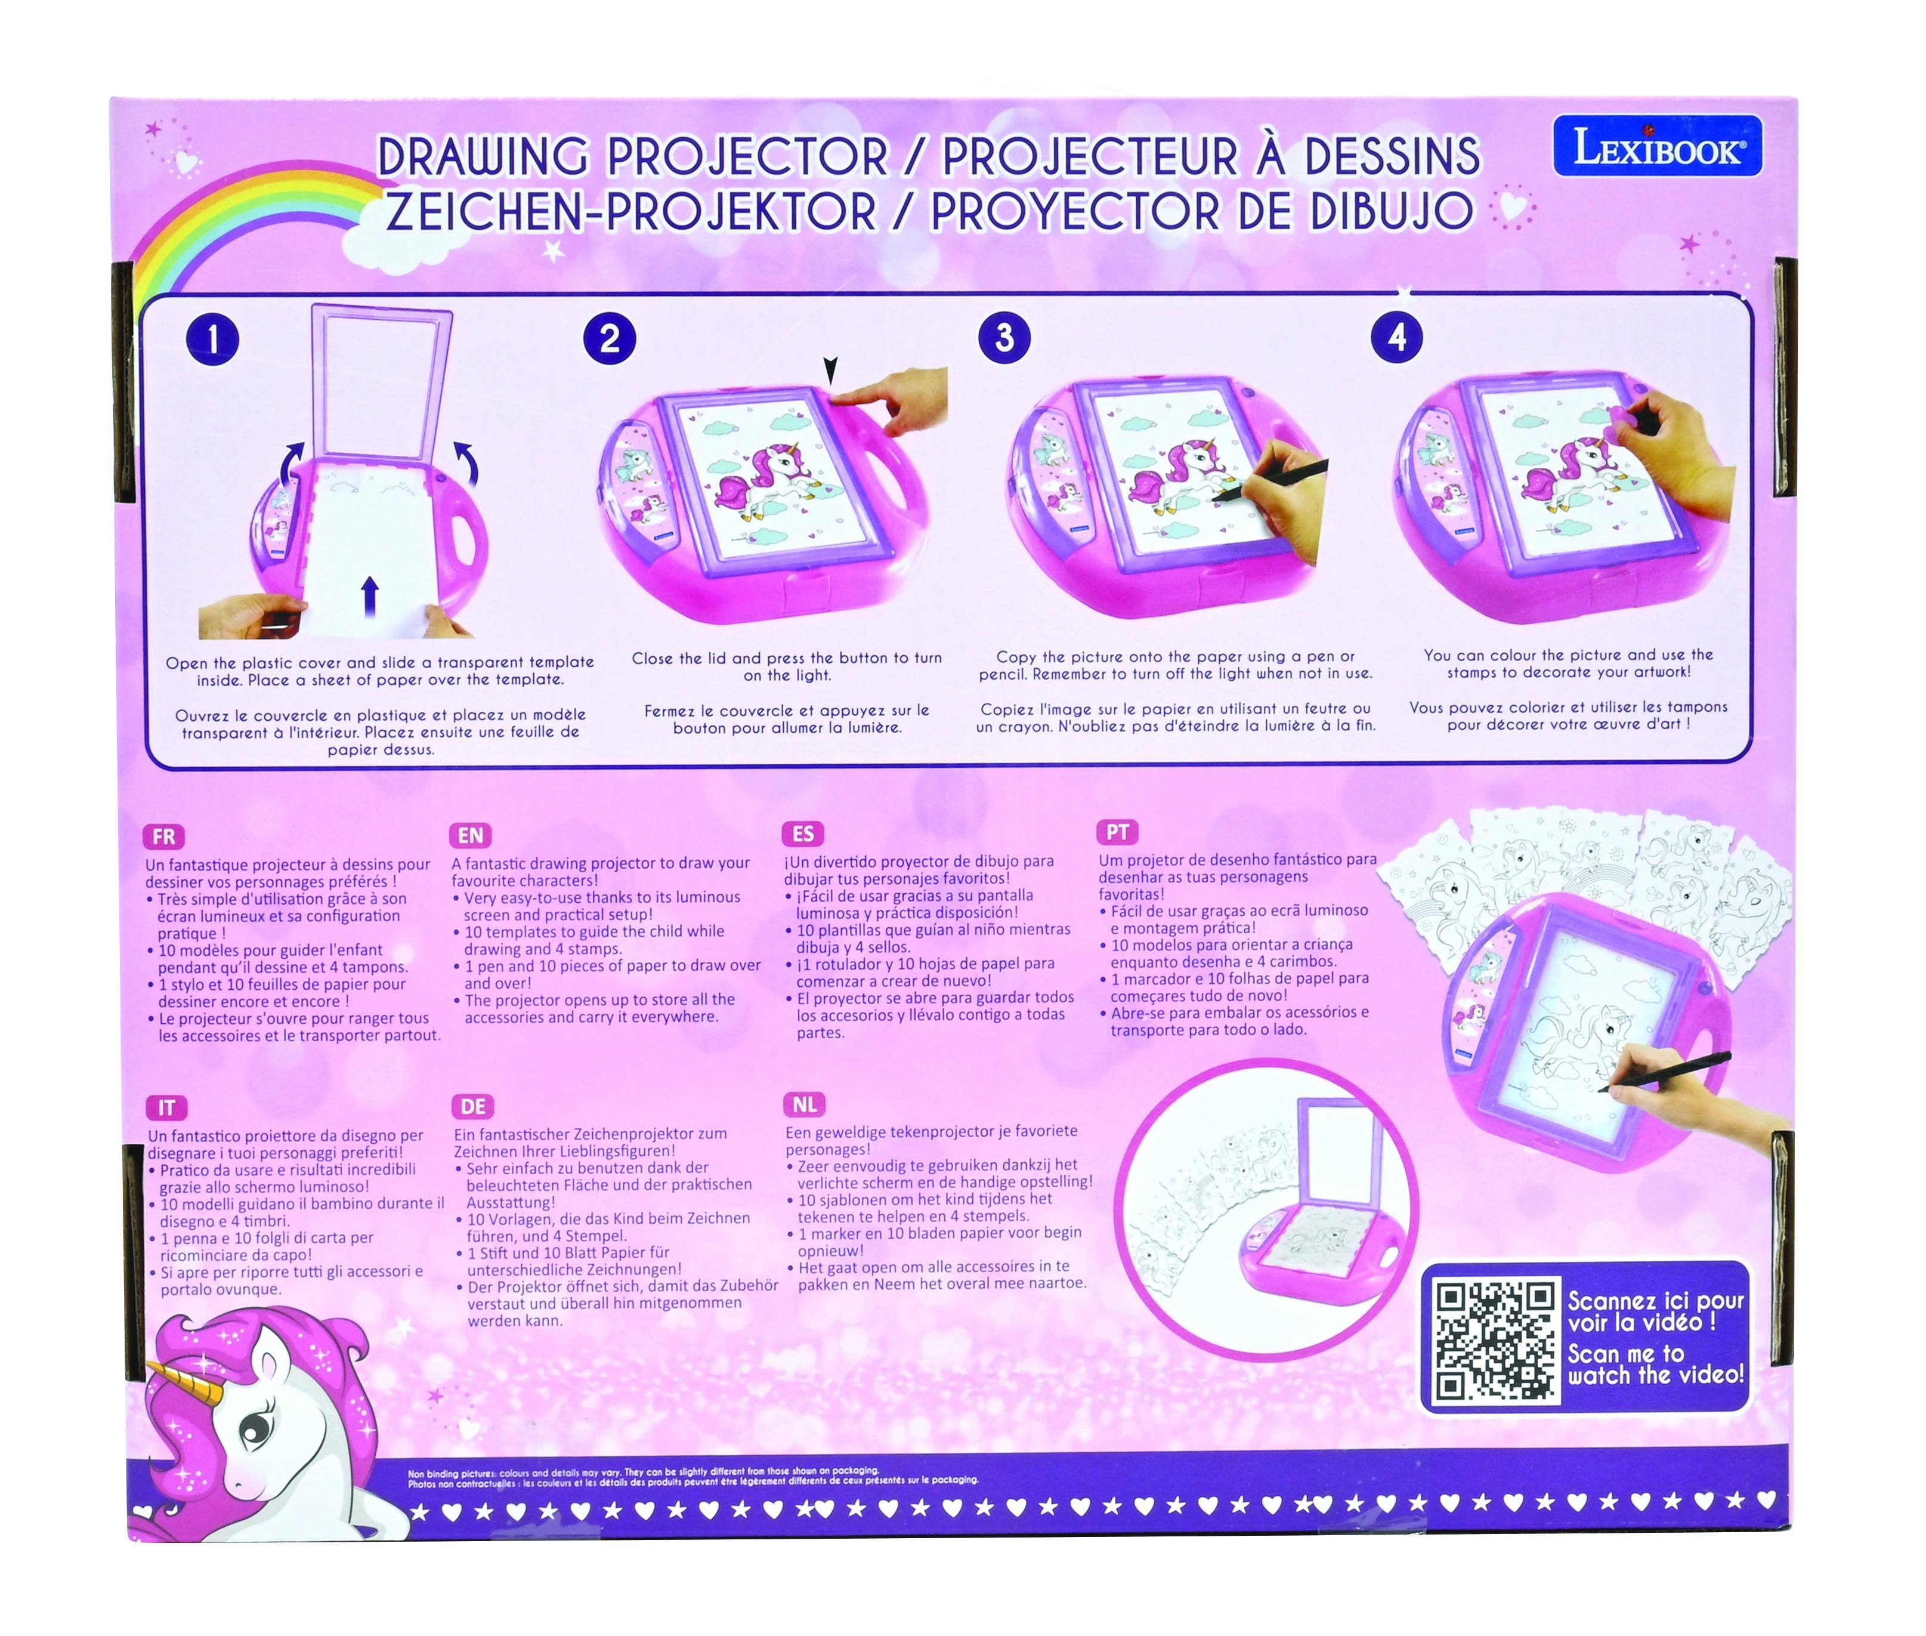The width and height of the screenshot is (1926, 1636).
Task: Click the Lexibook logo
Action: tap(1657, 146)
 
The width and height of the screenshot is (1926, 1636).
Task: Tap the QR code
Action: tap(1494, 1341)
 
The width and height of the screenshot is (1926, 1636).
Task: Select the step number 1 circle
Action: tap(212, 339)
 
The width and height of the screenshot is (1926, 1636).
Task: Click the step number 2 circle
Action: tap(609, 338)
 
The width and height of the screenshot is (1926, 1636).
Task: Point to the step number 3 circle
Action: tap(1004, 338)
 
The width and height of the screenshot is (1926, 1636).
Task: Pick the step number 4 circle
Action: tap(1396, 338)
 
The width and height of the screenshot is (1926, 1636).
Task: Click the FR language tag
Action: tap(164, 836)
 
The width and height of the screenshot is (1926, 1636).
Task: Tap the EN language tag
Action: tap(470, 835)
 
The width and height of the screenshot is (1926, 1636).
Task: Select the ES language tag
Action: tap(803, 834)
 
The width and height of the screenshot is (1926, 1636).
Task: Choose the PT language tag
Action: tap(1117, 832)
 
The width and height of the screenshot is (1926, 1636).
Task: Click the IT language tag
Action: tap(166, 1107)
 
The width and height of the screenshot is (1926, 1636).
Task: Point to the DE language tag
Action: tap(473, 1106)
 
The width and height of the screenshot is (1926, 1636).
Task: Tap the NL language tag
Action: tap(805, 1104)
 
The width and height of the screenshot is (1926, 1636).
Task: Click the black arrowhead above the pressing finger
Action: tap(830, 372)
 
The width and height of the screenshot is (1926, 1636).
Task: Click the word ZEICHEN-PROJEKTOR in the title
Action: tap(630, 212)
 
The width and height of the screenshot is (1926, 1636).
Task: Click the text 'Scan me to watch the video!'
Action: tap(1655, 1365)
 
